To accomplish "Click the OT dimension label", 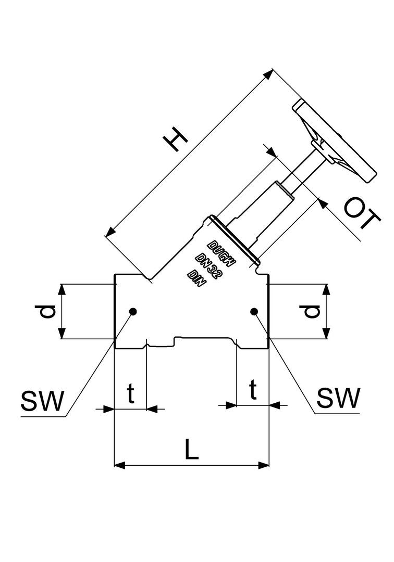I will pos(362,215).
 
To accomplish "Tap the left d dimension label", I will pos(47,311).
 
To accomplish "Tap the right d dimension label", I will pos(311,311).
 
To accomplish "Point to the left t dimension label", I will pos(131,394).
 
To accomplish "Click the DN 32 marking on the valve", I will pos(210,262).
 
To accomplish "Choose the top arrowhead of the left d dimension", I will pos(63,289).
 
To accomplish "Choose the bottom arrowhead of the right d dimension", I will pos(326,334).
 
